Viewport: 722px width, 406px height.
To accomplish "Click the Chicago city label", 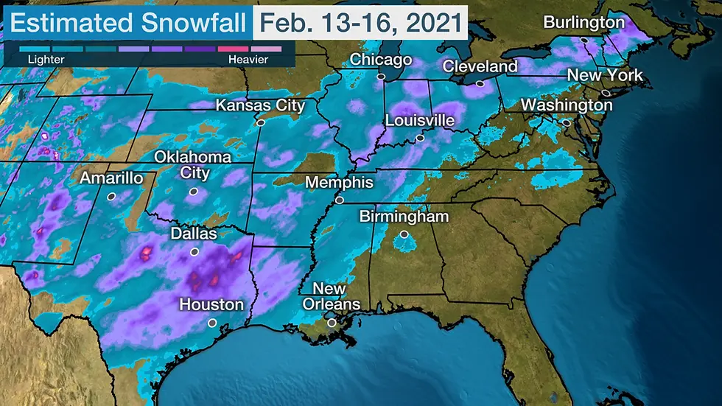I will coord(380,60).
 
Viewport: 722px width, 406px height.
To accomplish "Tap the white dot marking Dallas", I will coord(194,251).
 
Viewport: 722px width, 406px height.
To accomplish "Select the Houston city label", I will coord(211,304).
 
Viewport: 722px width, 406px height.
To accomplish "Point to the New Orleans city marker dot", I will coord(332,322).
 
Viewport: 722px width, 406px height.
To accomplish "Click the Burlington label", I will coord(583,23).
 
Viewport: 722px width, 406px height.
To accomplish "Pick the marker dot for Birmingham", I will coord(404,234).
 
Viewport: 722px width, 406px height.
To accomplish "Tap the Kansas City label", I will coord(259,106).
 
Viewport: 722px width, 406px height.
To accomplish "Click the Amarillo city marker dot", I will coord(111,196).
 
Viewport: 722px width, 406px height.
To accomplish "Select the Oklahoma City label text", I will coord(192,165).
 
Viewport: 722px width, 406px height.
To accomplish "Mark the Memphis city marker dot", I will coord(340,200).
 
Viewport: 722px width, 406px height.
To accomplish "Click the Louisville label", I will coord(419,121).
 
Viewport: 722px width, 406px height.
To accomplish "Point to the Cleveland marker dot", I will coord(480,84).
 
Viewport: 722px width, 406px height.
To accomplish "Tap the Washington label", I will coord(566,105).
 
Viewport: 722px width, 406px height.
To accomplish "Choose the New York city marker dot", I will coord(605,93).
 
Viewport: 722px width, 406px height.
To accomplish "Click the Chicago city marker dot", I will coord(381,76).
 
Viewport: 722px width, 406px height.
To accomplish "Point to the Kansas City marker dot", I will coord(259,123).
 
